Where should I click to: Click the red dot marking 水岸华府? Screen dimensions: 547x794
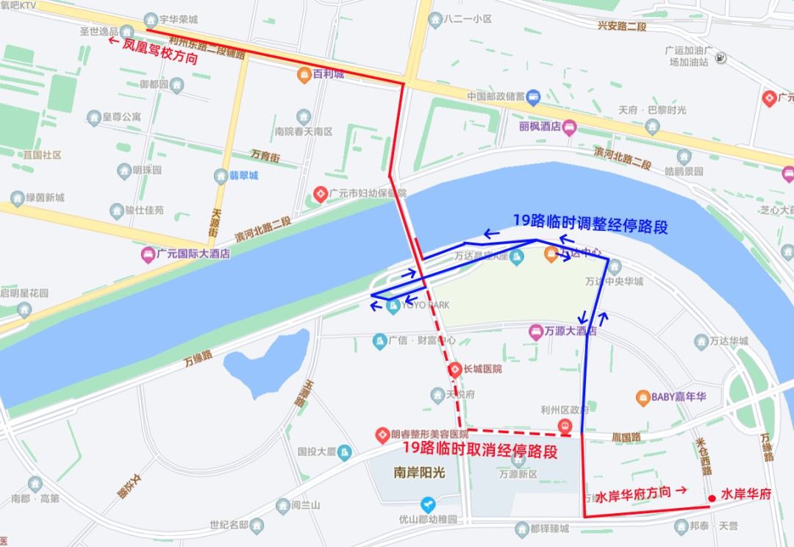coord(711,498)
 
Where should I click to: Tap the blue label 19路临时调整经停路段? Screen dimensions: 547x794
coord(590,224)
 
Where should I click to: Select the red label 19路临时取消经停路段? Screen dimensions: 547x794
coord(479,450)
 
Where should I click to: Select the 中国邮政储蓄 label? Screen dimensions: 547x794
coord(496,96)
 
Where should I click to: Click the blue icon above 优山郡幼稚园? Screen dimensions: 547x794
coord(428,504)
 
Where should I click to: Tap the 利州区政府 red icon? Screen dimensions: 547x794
coord(564,426)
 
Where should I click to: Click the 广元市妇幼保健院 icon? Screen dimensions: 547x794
coord(321,194)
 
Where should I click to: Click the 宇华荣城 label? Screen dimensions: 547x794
coord(179,20)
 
